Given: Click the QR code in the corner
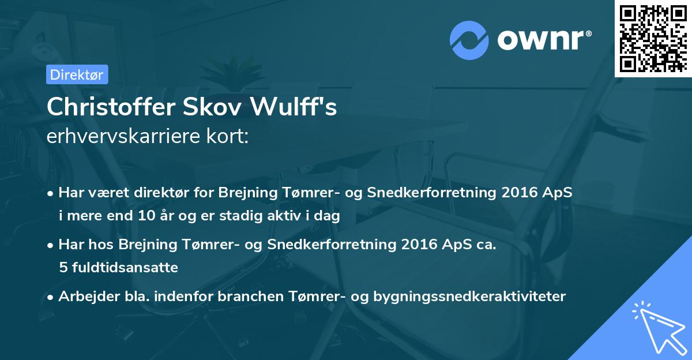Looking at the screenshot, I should [653, 38].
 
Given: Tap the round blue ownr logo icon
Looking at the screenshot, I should [469, 40].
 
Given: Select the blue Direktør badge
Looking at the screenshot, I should [77, 74].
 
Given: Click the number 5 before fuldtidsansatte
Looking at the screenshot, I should [62, 267].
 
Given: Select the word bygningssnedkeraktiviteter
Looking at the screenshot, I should [470, 297].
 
